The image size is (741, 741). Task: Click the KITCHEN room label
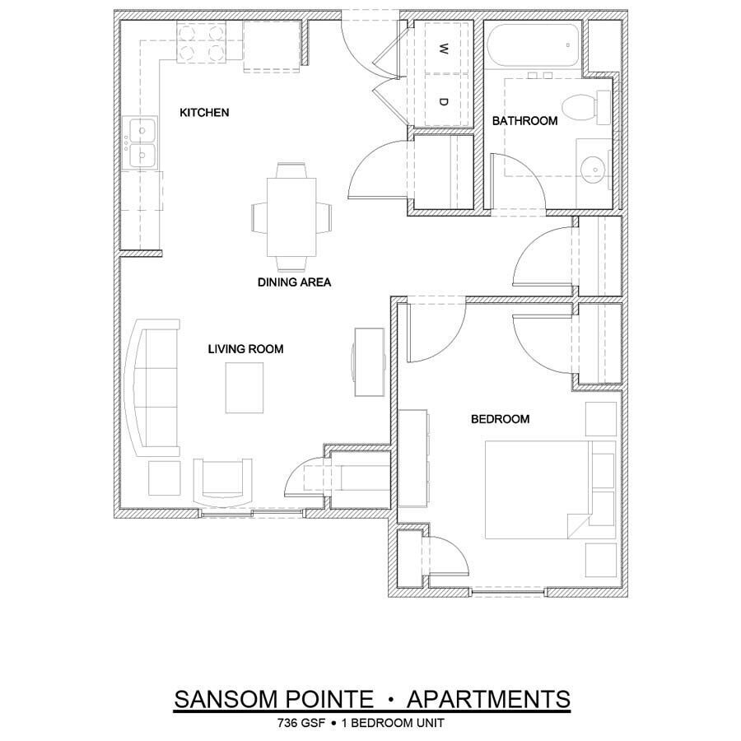tap(204, 112)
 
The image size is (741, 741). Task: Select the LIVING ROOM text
tap(245, 349)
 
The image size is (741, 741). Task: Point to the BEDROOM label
tap(500, 419)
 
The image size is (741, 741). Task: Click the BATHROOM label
tap(524, 121)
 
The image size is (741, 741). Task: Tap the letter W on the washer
tap(443, 49)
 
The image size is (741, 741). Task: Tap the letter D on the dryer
tap(443, 101)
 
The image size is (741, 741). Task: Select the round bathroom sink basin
tap(593, 169)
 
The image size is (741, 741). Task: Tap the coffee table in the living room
tap(246, 388)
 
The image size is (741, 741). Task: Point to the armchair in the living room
tap(223, 482)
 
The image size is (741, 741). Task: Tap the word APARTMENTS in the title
tap(489, 699)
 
